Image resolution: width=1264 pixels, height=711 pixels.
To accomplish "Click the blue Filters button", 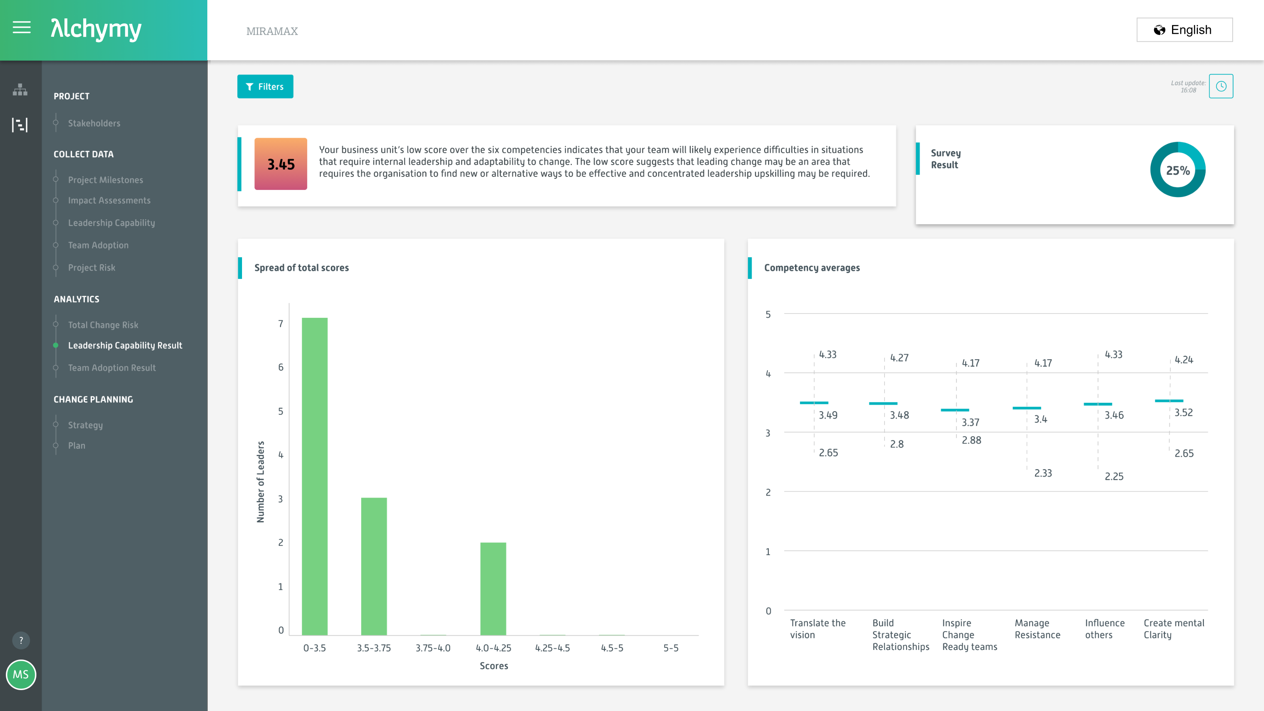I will [x=265, y=87].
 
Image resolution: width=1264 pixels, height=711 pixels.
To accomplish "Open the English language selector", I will [x=1184, y=30].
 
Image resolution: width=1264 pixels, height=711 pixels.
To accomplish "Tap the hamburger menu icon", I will [x=22, y=28].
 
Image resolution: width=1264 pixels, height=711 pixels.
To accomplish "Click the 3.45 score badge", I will [x=280, y=164].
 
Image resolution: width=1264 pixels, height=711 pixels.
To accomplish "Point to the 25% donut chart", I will [x=1177, y=170].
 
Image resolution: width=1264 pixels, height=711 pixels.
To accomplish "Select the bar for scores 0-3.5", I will [x=314, y=476].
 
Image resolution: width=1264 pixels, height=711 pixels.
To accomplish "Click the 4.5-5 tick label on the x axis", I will [x=612, y=648].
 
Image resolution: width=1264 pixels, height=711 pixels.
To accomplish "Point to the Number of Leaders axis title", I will [x=260, y=482].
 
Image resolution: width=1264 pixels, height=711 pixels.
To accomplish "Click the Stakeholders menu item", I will [x=94, y=123].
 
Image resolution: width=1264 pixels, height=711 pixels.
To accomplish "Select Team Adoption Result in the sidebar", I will [x=112, y=368].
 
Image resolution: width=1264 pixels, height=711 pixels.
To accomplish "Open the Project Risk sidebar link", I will [x=92, y=268].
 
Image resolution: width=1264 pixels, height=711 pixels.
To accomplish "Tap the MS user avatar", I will [x=20, y=674].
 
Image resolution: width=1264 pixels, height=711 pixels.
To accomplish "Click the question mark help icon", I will [x=20, y=640].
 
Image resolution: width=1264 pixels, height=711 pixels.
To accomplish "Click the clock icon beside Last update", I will [x=1221, y=87].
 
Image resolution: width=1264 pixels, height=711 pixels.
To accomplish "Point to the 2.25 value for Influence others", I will [x=1114, y=476].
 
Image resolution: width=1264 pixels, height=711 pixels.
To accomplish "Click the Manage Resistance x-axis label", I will [x=1037, y=629].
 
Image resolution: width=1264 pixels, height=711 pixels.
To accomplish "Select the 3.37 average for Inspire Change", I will [x=970, y=422].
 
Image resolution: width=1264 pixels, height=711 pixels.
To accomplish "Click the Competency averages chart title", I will [x=812, y=268].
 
